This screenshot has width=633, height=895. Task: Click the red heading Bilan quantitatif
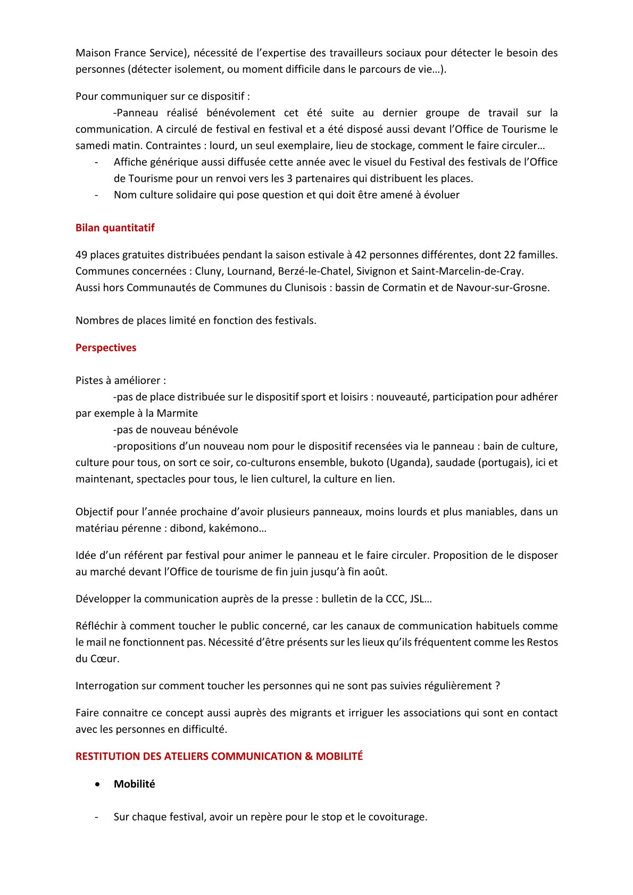tap(115, 228)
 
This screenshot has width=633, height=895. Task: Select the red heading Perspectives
tap(106, 347)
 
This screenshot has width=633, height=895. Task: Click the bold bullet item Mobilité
tap(134, 784)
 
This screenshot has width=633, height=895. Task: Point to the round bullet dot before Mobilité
tap(97, 784)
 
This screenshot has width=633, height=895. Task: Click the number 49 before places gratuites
tap(81, 255)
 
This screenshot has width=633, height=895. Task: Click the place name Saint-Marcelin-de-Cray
tap(467, 271)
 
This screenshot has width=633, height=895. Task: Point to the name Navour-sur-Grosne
tap(503, 288)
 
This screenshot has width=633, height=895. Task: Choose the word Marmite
tap(178, 413)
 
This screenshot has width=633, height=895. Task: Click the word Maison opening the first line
tap(93, 53)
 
